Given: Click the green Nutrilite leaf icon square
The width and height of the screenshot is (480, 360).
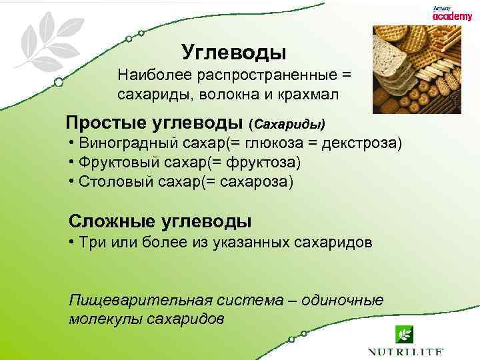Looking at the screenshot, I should (x=405, y=333).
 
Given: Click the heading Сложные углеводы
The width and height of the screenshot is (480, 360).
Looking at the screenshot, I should (x=160, y=221).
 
